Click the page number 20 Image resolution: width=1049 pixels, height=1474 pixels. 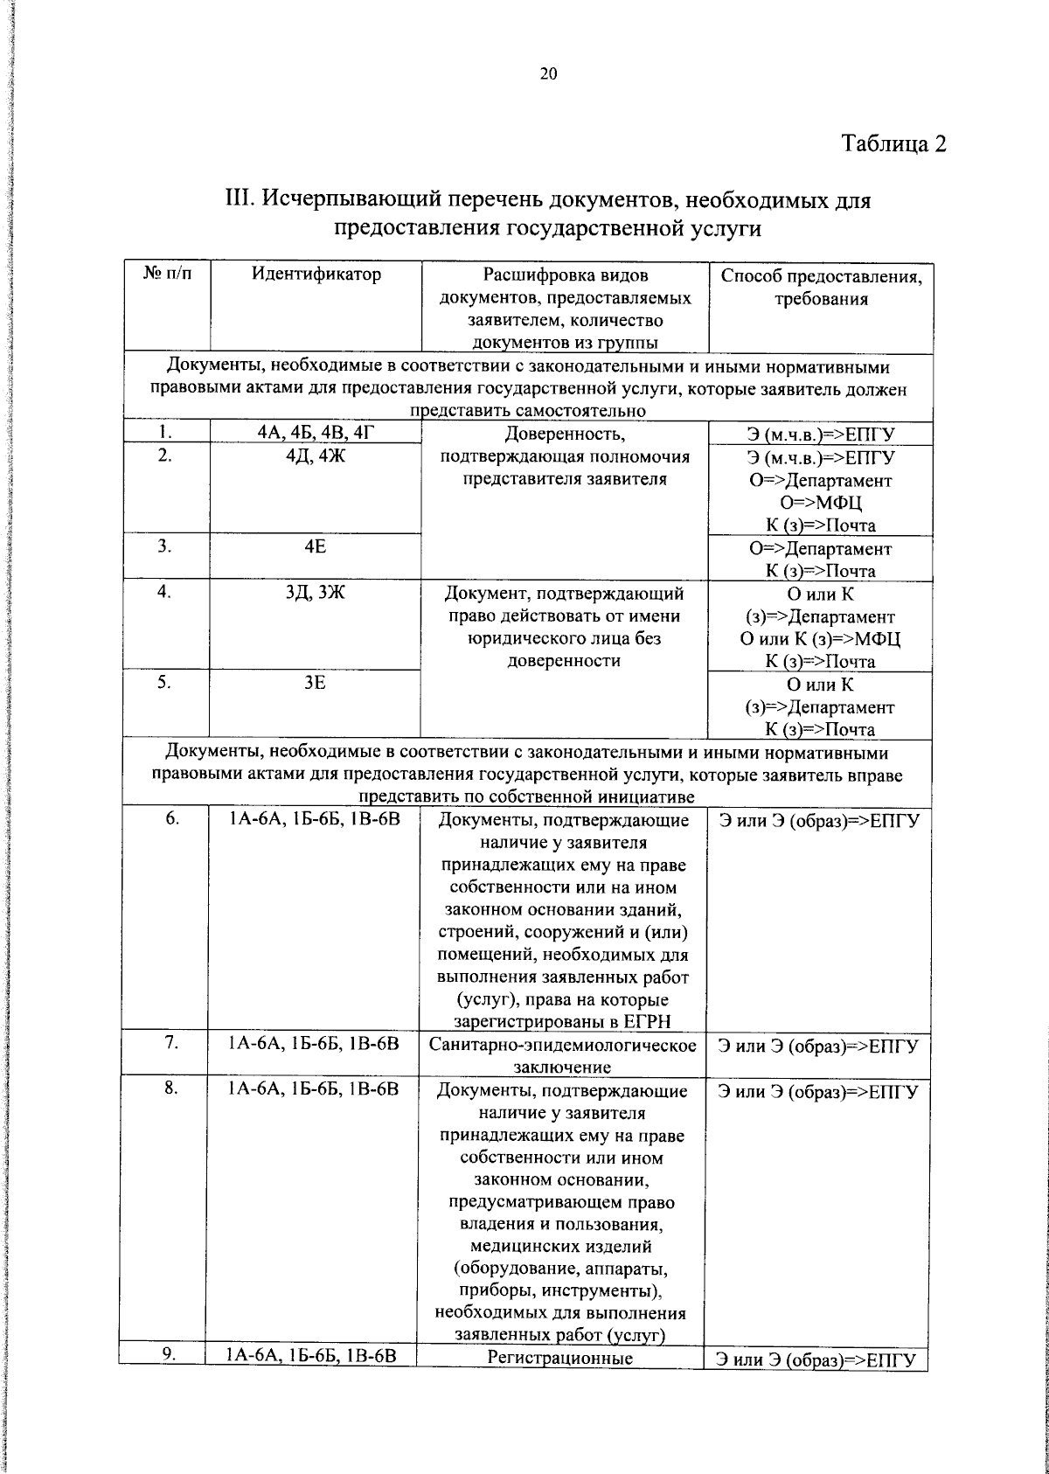pos(548,74)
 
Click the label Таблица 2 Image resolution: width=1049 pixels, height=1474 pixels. pos(894,143)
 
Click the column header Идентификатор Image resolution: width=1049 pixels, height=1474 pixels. pos(316,275)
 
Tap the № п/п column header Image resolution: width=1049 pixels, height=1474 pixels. pos(165,275)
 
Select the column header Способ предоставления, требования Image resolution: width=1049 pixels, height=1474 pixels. pos(821,288)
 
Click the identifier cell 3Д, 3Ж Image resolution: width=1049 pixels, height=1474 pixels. pos(316,593)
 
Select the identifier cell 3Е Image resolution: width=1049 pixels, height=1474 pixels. pos(316,683)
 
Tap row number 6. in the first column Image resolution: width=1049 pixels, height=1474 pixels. pos(171,818)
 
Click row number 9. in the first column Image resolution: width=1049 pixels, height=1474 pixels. pos(170,1378)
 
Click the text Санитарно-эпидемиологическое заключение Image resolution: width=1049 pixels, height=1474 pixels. pos(563,1055)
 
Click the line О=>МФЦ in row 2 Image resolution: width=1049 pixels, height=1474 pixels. pos(821,503)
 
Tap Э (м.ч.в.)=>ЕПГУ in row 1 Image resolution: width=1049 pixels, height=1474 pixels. pos(821,435)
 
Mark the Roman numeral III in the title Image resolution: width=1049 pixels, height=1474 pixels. pos(239,201)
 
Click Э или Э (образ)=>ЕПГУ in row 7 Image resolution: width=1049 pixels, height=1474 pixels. pos(818,1046)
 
